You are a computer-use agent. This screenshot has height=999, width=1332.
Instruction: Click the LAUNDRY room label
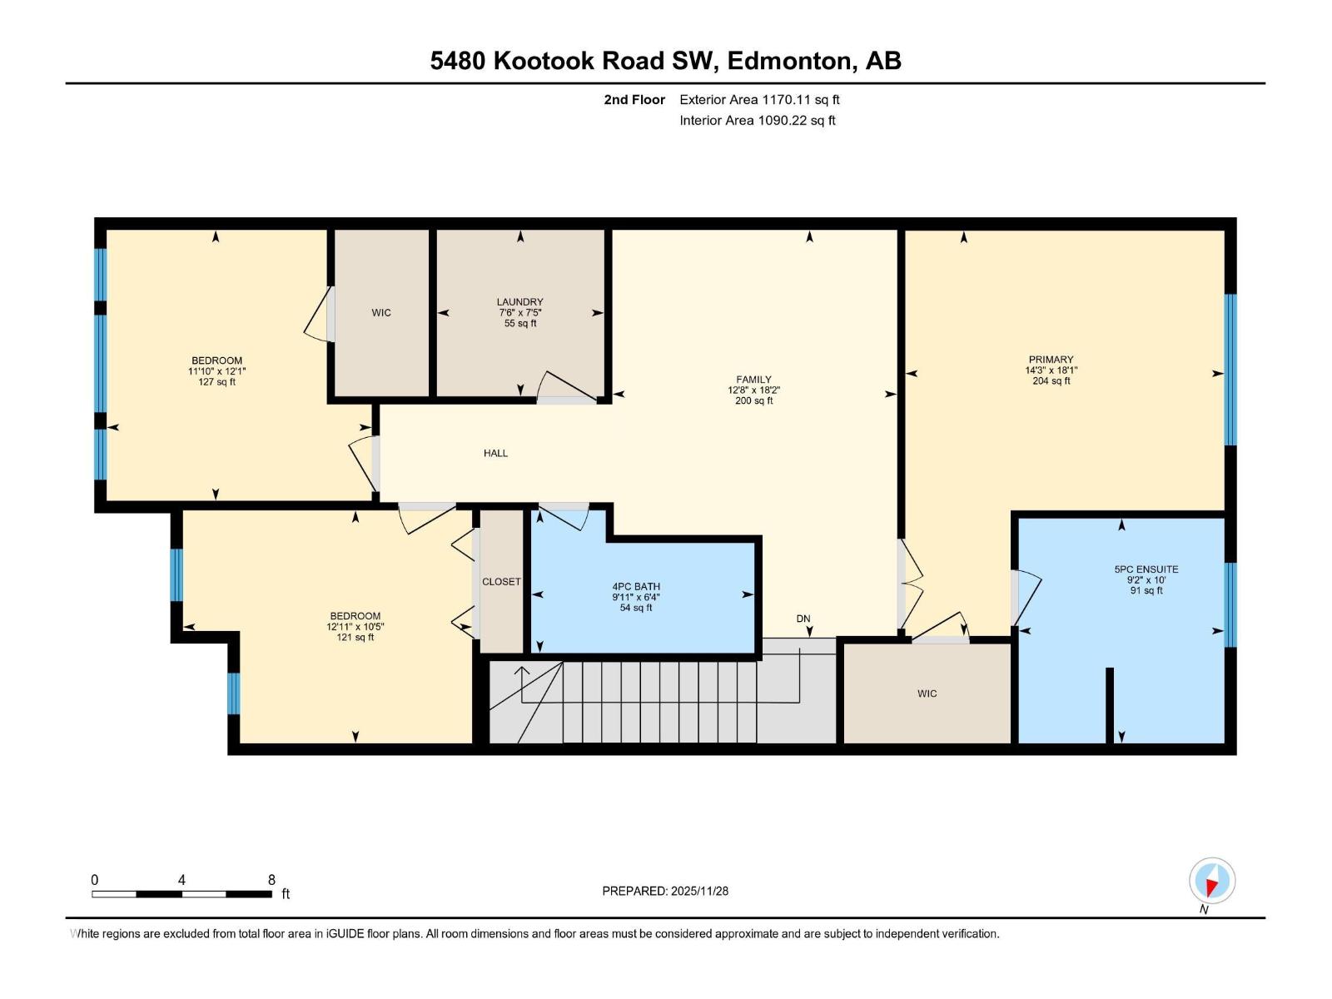[x=519, y=302]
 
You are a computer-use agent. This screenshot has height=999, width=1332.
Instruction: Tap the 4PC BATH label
[x=636, y=587]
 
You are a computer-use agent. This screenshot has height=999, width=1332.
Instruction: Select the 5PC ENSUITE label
[x=1146, y=569]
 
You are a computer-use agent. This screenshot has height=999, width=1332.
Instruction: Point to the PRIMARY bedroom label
[x=1051, y=360]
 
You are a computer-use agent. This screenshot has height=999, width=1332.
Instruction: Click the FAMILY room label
[x=753, y=380]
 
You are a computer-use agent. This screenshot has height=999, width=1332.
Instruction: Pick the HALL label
[x=495, y=454]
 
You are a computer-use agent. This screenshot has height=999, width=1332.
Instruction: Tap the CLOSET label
[x=501, y=582]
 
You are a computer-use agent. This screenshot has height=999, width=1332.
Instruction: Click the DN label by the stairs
[x=803, y=619]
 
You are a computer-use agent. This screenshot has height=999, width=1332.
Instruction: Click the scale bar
[x=181, y=894]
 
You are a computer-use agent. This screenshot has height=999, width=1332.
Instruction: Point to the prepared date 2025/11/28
[x=698, y=891]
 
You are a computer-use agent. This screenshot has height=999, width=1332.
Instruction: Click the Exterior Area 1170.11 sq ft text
[x=759, y=100]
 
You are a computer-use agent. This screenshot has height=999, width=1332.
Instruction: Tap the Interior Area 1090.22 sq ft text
[x=758, y=121]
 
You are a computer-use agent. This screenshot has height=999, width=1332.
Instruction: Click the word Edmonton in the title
[x=790, y=61]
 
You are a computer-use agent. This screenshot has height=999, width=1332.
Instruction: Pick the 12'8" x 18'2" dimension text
[x=753, y=390]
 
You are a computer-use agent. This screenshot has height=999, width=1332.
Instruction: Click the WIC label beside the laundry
[x=381, y=313]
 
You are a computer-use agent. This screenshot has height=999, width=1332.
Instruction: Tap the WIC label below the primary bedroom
[x=927, y=693]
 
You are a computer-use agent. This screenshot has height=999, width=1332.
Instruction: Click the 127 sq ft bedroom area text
[x=216, y=382]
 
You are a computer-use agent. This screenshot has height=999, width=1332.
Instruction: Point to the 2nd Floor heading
[x=634, y=100]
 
